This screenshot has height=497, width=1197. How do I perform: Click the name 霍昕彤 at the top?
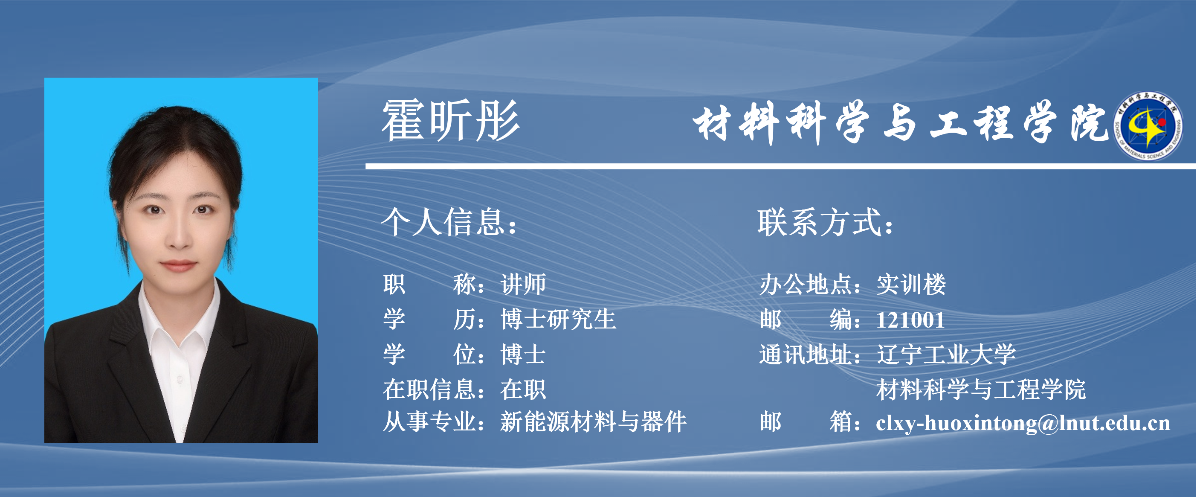point(450,121)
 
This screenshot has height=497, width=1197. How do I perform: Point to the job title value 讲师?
point(523,284)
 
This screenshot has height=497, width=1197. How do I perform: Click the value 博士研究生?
point(558,320)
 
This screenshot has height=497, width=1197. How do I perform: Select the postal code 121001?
point(910,320)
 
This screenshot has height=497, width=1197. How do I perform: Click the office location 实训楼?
point(911,284)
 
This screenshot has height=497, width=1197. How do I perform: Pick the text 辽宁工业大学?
point(946,354)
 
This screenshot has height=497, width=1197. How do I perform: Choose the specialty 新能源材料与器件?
point(593,422)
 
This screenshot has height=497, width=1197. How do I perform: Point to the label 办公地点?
point(805,284)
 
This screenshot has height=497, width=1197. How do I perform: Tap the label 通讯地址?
point(805,354)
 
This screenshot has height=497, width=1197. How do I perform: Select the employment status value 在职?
point(523,389)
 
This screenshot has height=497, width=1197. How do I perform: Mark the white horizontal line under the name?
point(781,166)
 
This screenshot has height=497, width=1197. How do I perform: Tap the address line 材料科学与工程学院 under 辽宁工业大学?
point(981,389)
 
